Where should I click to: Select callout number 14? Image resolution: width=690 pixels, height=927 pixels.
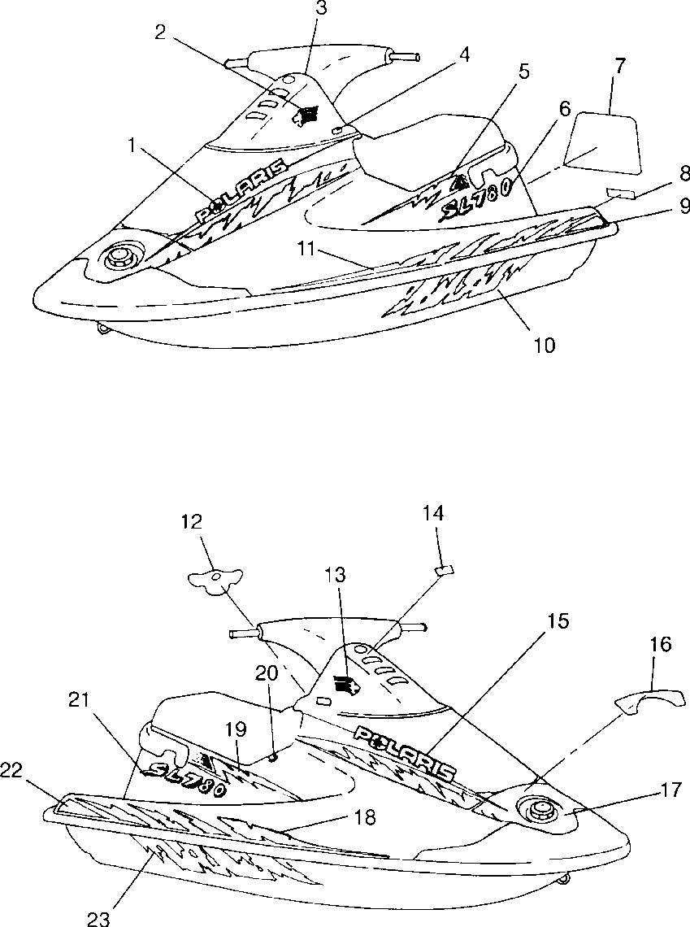(434, 513)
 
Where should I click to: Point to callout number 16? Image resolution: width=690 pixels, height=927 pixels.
(661, 645)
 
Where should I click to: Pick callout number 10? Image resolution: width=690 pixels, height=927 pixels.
(544, 346)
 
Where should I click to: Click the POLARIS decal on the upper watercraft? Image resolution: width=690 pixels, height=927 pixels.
(242, 189)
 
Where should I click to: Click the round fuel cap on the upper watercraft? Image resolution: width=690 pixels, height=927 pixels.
(120, 257)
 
